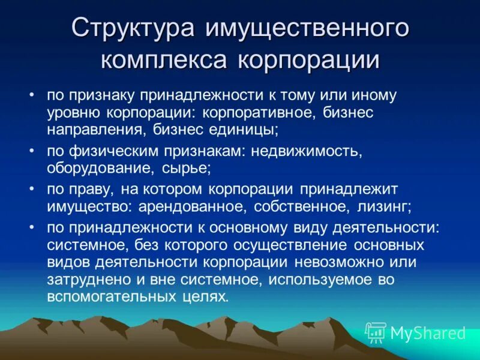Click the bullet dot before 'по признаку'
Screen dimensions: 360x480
(x=32, y=96)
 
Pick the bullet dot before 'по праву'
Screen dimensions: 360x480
(x=32, y=190)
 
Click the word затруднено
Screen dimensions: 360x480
(x=88, y=280)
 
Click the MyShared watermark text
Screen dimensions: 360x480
(x=428, y=333)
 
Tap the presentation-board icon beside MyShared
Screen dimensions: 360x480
(x=376, y=332)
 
